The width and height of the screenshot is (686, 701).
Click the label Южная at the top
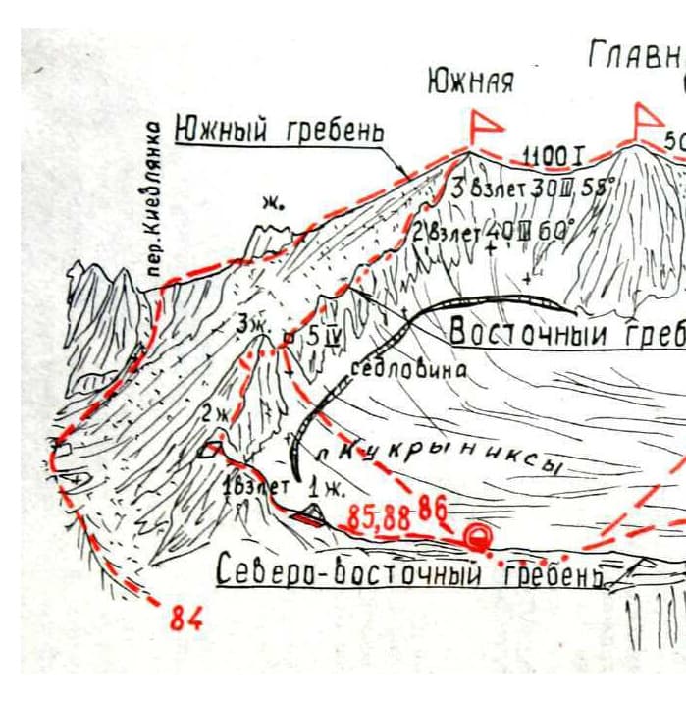[x=470, y=82]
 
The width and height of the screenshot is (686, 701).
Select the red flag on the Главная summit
[x=647, y=119]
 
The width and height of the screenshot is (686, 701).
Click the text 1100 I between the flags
[x=554, y=156]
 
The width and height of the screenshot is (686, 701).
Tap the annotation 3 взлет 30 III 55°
[x=530, y=188]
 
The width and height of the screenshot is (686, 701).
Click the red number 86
[x=433, y=509]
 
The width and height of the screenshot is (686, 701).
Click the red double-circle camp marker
[x=477, y=537]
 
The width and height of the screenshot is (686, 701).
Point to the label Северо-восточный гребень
[x=409, y=572]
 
